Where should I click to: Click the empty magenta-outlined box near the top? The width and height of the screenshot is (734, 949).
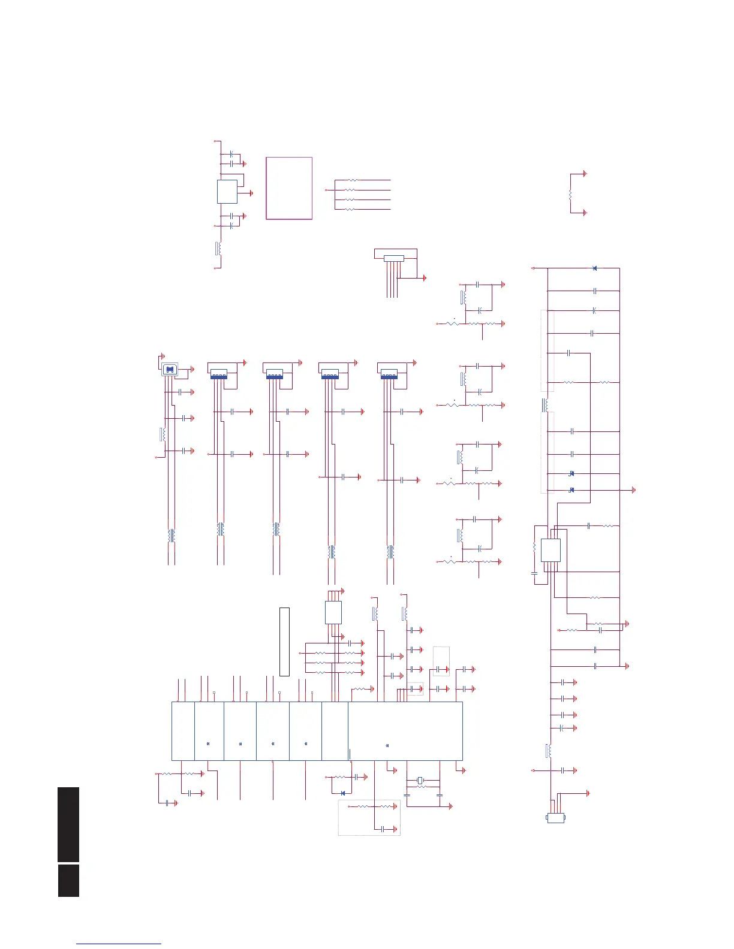pyautogui.click(x=289, y=188)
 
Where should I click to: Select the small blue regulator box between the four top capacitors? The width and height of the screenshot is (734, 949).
pyautogui.click(x=227, y=192)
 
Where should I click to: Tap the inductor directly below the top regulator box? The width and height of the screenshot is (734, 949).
pyautogui.click(x=219, y=248)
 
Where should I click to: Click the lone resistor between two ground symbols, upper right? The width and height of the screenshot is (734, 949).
pyautogui.click(x=570, y=194)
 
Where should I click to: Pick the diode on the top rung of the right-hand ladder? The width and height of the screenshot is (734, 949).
pyautogui.click(x=594, y=268)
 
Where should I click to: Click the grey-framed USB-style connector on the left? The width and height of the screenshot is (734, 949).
pyautogui.click(x=170, y=370)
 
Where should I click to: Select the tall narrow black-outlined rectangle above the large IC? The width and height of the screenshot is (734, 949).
pyautogui.click(x=284, y=642)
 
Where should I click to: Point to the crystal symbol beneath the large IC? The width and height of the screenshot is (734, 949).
pyautogui.click(x=420, y=780)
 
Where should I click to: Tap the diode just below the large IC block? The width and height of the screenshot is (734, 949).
pyautogui.click(x=343, y=793)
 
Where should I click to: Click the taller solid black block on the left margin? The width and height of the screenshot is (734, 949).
pyautogui.click(x=69, y=824)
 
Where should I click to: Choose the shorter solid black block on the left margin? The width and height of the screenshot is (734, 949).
pyautogui.click(x=69, y=880)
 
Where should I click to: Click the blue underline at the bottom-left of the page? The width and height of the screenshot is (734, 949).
pyautogui.click(x=119, y=944)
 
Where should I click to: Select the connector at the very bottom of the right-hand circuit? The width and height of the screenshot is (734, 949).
pyautogui.click(x=556, y=818)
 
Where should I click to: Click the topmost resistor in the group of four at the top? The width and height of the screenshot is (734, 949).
pyautogui.click(x=352, y=180)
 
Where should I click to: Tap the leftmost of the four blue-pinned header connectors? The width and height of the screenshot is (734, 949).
pyautogui.click(x=219, y=374)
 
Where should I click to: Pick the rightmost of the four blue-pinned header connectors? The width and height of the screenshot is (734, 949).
pyautogui.click(x=389, y=374)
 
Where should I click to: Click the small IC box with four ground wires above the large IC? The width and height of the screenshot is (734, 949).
pyautogui.click(x=333, y=612)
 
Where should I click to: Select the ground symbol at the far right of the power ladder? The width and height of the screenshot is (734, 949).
pyautogui.click(x=634, y=491)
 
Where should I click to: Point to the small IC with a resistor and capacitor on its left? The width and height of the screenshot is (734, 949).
pyautogui.click(x=550, y=550)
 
